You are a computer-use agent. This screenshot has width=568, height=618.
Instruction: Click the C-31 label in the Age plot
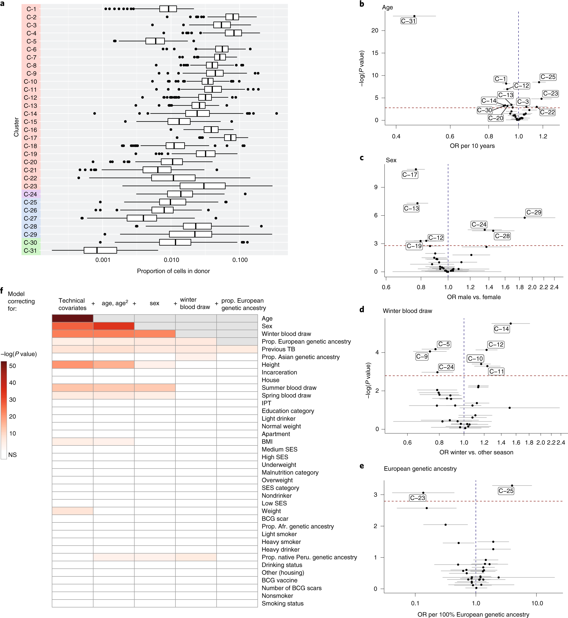point(408,21)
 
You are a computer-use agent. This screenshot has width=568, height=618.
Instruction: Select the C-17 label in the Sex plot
point(410,175)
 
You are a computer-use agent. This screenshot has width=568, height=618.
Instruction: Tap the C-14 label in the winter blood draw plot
point(502,329)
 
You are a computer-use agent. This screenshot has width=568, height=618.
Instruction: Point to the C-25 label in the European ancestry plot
point(506,491)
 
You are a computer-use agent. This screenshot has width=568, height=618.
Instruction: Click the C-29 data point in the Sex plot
point(525,218)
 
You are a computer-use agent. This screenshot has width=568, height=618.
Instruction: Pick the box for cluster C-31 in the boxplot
point(100,250)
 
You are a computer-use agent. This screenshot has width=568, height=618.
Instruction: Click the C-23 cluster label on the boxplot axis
point(30,186)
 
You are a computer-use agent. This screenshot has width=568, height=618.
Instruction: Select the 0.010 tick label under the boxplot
point(171,260)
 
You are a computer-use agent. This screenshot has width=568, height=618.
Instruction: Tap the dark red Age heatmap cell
point(72,318)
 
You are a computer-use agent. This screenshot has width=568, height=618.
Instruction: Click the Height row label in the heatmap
point(270,365)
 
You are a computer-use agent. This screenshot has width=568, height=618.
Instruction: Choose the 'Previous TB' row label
point(278,349)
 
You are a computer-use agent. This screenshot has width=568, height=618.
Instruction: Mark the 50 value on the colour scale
point(13,366)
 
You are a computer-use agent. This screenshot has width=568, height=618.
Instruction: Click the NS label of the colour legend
point(13,455)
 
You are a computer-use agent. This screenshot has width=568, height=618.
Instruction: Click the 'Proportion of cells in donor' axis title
point(173,271)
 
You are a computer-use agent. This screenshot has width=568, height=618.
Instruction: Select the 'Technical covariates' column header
point(72,304)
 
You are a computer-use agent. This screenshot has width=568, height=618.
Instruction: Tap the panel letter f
point(2,290)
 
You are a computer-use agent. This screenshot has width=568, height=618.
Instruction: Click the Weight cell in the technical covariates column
point(72,511)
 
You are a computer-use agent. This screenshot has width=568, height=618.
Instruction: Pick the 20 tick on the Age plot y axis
point(374,30)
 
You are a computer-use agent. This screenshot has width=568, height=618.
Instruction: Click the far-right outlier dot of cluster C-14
point(277,113)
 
